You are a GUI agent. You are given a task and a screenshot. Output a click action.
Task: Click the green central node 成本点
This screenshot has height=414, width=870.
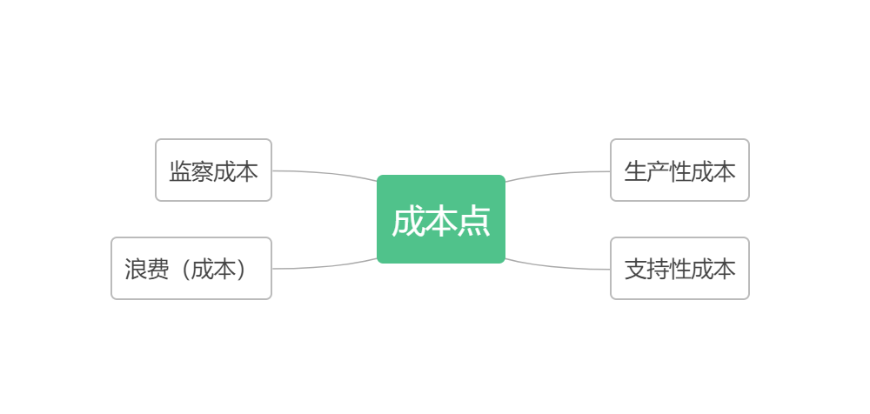coord(441,219)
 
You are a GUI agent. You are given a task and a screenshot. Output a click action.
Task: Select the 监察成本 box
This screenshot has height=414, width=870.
coord(214,170)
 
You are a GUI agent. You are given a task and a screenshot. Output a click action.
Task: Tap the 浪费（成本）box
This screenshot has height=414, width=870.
coord(191,269)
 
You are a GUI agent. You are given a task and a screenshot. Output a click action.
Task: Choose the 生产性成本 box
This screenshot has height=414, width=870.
coord(679,170)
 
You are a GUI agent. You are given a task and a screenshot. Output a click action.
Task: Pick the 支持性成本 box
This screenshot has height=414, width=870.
coord(679,269)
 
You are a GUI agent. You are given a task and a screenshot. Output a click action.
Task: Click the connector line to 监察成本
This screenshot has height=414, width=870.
coord(325,173)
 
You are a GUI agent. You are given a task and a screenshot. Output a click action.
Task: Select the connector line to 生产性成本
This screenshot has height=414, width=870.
coord(558,174)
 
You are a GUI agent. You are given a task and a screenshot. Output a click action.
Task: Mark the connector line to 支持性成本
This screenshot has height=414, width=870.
coord(558,266)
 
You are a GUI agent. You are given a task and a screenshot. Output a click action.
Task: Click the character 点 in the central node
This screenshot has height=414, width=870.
coord(474,222)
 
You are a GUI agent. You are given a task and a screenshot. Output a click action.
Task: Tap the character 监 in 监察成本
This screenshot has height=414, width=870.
coord(180,171)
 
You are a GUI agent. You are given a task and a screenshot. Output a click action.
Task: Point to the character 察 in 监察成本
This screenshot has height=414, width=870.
coord(203,171)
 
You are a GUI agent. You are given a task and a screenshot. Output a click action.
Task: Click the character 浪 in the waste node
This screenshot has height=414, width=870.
coord(136,270)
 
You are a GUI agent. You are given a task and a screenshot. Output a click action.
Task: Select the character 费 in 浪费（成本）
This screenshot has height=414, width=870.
coord(158,270)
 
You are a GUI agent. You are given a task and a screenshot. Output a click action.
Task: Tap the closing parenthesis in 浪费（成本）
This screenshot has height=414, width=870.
coord(241,270)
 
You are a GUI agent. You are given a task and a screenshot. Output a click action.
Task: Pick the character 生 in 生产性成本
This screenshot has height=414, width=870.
coord(636,171)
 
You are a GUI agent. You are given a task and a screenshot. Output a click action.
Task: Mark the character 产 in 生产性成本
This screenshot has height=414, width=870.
coord(658,171)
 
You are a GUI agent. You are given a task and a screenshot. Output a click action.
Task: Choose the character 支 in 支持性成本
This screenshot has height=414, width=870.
coord(636,270)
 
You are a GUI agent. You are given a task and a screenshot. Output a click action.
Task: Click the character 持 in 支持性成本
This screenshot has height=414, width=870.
coord(658,270)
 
